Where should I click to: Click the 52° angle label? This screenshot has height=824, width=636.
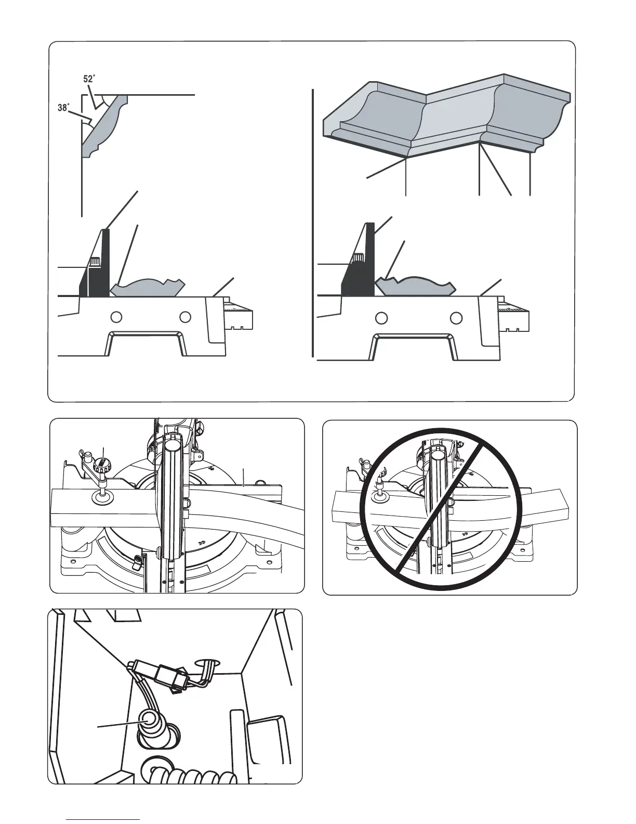pyautogui.click(x=89, y=79)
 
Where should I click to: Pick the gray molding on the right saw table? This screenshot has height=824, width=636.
pyautogui.click(x=414, y=285)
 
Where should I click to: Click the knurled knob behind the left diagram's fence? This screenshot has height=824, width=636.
pyautogui.click(x=95, y=262)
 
